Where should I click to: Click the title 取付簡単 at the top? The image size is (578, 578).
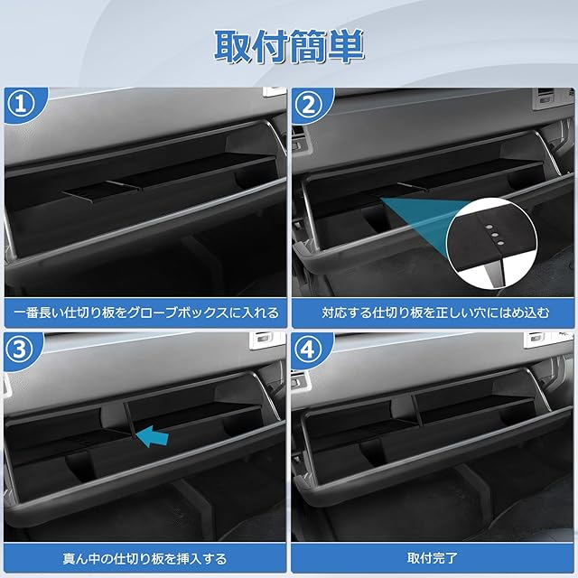[289, 47]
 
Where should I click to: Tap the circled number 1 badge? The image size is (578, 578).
[21, 105]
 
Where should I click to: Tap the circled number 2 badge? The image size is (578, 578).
[309, 105]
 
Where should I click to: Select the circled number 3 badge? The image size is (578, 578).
[19, 350]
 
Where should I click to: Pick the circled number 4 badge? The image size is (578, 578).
[307, 350]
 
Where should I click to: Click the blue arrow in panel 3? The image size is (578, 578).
[152, 436]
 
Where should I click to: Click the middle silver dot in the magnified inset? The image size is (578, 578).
[495, 235]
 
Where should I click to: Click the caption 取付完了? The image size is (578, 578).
[433, 558]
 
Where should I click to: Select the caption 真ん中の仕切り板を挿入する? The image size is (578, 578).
[144, 559]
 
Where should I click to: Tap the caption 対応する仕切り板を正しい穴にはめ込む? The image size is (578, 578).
[435, 312]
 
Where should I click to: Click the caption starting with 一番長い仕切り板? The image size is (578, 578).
[146, 313]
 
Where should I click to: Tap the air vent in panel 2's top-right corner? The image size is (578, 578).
[545, 96]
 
